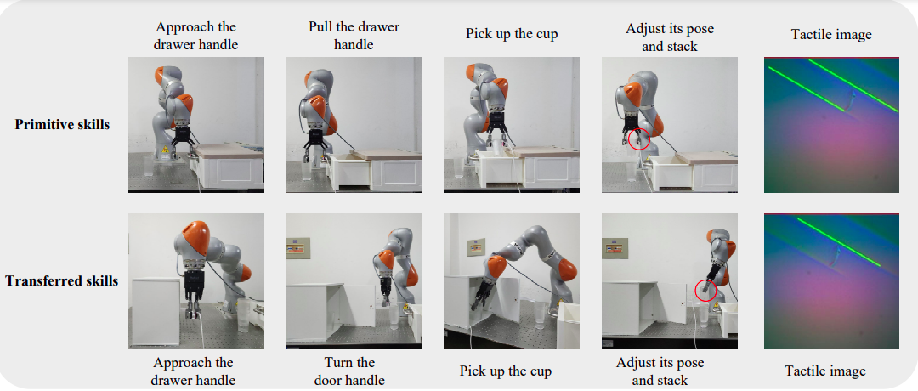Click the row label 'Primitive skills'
[x=62, y=124]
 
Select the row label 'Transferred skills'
[x=62, y=281]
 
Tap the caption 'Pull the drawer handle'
[x=354, y=36]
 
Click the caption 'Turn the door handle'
[x=350, y=371]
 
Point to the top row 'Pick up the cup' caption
[x=512, y=33]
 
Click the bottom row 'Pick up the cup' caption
[x=506, y=371]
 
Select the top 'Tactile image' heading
[x=831, y=35]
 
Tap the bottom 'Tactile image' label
[x=824, y=371]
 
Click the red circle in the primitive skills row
[x=639, y=140]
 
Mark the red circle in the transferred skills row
[x=706, y=291]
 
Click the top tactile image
[x=831, y=125]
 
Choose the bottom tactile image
[x=831, y=281]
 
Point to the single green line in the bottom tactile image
[x=839, y=242]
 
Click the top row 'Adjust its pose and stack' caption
[x=670, y=37]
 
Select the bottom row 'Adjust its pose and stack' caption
[x=660, y=371]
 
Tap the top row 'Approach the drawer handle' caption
[x=197, y=36]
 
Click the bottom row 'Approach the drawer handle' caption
[x=193, y=371]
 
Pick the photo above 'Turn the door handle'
[x=354, y=281]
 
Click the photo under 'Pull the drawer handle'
[x=354, y=125]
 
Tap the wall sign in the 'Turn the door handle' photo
[x=297, y=248]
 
